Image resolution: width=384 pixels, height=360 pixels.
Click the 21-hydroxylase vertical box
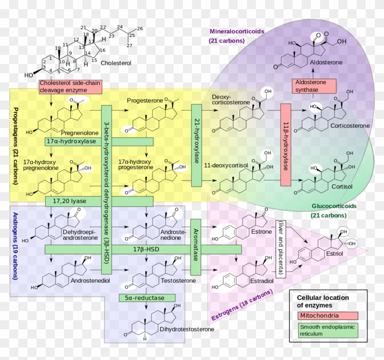pos(197,145)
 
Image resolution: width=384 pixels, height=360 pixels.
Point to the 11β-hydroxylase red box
pos(286,145)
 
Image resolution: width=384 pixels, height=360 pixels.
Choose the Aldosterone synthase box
pos(314,86)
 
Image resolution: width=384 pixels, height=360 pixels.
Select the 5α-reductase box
pos(147,298)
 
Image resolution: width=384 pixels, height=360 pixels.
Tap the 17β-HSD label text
pos(143,249)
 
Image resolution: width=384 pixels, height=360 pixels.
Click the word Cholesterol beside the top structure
pos(116,63)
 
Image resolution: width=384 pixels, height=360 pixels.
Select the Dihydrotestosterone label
pos(180,328)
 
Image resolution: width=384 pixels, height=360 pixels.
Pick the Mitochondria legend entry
pos(327,315)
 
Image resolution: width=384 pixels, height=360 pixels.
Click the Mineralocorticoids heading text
pos(237,32)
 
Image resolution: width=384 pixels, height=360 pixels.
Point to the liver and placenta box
pos(280,247)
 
